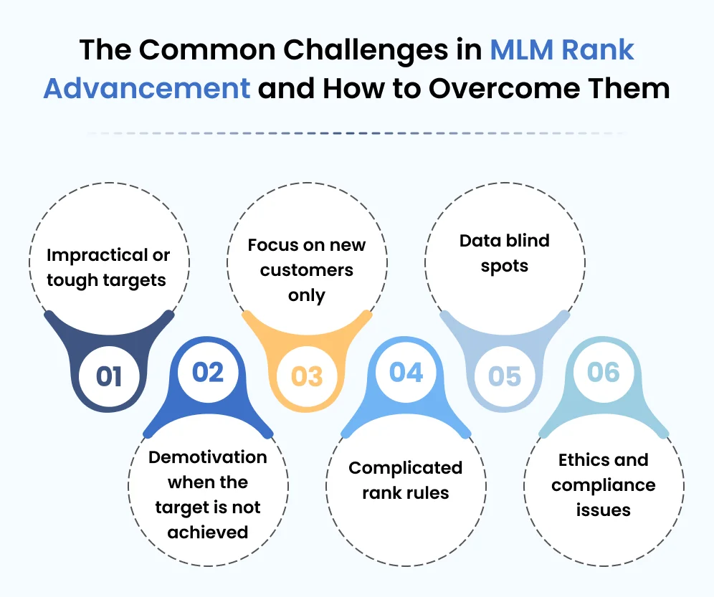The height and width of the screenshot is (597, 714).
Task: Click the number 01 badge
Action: click(109, 376)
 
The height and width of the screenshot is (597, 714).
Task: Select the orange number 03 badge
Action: click(307, 376)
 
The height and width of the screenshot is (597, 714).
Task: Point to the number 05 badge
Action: click(505, 376)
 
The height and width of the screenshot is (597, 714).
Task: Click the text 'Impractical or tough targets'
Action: click(109, 267)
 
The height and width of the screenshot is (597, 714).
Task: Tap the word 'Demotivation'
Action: click(208, 457)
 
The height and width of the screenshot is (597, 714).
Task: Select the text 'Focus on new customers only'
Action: click(307, 270)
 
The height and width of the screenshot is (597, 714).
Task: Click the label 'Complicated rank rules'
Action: click(406, 480)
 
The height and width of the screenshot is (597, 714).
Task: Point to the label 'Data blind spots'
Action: click(505, 253)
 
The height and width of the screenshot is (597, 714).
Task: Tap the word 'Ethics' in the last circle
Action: click(579, 460)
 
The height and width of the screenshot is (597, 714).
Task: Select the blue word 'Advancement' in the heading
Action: click(147, 89)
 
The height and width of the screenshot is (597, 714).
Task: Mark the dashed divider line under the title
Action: click(357, 133)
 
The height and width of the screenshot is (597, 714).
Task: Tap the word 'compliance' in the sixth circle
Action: click(603, 485)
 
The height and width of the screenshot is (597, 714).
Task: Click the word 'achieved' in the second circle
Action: click(208, 532)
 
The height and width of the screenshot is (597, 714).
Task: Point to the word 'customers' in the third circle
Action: click(307, 270)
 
